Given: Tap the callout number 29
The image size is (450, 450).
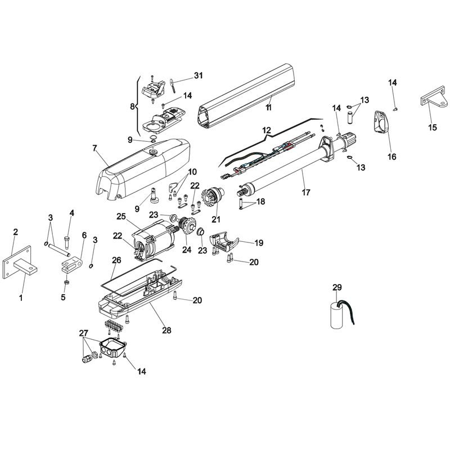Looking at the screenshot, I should coord(337,287).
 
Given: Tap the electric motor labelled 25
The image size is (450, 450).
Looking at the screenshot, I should coord(155,240).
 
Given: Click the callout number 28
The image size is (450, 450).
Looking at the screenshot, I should coord(167,330).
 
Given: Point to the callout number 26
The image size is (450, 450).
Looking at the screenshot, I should coord(116,260).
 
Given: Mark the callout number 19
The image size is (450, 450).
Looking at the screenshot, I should coord(258,243).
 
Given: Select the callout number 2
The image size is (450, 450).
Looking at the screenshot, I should coord(16,232).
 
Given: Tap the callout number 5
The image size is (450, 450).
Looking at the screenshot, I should coord(63,297).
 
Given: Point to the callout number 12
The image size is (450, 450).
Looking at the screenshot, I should coord(266,130).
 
